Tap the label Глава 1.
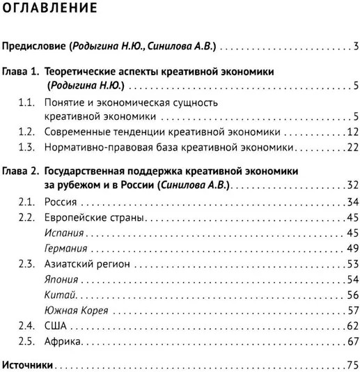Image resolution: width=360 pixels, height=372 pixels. tap(21, 72)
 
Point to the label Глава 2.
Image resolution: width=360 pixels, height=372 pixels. tap(21, 171)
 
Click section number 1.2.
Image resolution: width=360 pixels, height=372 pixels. tap(26, 132)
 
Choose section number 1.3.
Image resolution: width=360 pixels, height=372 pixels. tap(26, 147)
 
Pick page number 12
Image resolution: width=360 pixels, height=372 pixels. tap(352, 132)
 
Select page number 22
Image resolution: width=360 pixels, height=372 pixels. tap(352, 147)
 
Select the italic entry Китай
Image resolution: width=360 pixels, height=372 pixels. tap(56, 295)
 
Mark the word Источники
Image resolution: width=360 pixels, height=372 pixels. tap(28, 366)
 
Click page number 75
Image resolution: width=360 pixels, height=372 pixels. tap(352, 366)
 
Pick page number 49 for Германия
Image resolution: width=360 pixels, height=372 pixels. tap(352, 249)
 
